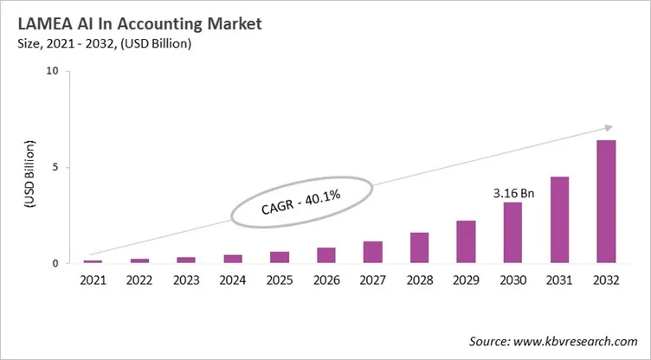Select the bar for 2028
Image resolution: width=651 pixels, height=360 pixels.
coord(419,247)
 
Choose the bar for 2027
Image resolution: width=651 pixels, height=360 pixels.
coord(372,252)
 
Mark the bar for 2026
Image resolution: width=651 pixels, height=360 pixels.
coord(326,255)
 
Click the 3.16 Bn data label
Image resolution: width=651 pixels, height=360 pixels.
coord(514,193)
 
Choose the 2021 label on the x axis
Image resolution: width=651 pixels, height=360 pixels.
coord(93,280)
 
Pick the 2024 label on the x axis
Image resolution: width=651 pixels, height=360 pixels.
coord(233,280)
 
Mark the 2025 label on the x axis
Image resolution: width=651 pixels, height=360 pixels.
coord(280,280)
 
